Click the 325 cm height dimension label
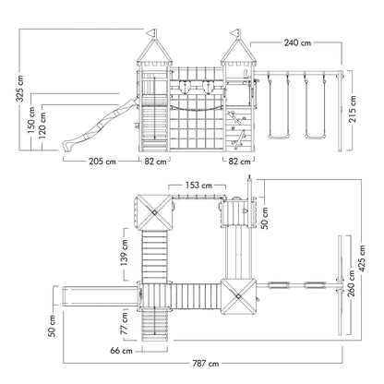click(x=20, y=89)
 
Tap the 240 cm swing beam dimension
click(x=297, y=42)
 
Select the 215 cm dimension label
click(x=353, y=109)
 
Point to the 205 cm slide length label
click(x=102, y=162)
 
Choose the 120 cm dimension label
click(x=42, y=126)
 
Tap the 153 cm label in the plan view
click(x=198, y=186)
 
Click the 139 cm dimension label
click(x=125, y=253)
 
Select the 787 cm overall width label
click(x=206, y=364)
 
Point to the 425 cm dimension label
click(x=362, y=258)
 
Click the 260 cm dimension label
click(x=351, y=283)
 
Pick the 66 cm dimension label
click(x=121, y=351)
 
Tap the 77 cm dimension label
click(x=124, y=324)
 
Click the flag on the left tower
click(x=151, y=32)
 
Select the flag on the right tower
click(x=234, y=32)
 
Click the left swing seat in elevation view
click(x=279, y=137)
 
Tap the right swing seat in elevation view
click(x=316, y=137)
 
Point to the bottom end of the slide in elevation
click(x=65, y=146)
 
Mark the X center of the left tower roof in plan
click(x=154, y=212)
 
